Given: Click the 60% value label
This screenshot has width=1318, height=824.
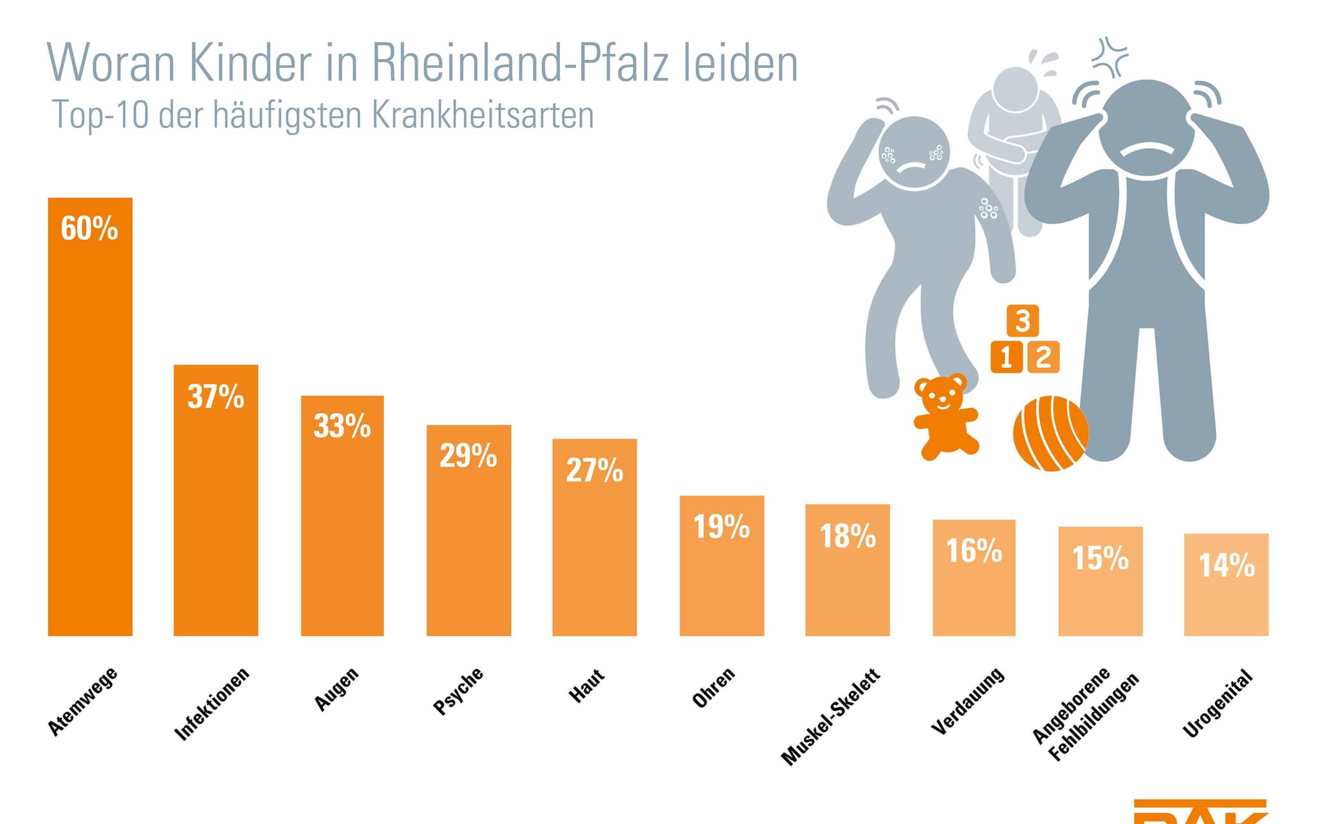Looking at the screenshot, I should click(x=89, y=229).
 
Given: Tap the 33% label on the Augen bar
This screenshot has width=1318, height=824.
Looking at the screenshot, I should click(x=342, y=426).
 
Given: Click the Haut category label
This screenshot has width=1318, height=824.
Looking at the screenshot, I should click(x=586, y=685).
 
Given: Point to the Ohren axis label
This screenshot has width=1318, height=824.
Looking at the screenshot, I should click(x=713, y=688).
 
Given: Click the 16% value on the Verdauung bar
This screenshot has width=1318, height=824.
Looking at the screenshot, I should click(x=974, y=551).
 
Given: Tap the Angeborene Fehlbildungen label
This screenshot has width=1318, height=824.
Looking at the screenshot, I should click(x=1085, y=713).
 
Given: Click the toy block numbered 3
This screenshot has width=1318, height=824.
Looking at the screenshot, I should click(x=1023, y=321).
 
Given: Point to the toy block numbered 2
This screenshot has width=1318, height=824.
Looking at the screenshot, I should click(x=1043, y=357).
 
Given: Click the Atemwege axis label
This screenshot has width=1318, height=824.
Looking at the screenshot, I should click(x=83, y=701).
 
